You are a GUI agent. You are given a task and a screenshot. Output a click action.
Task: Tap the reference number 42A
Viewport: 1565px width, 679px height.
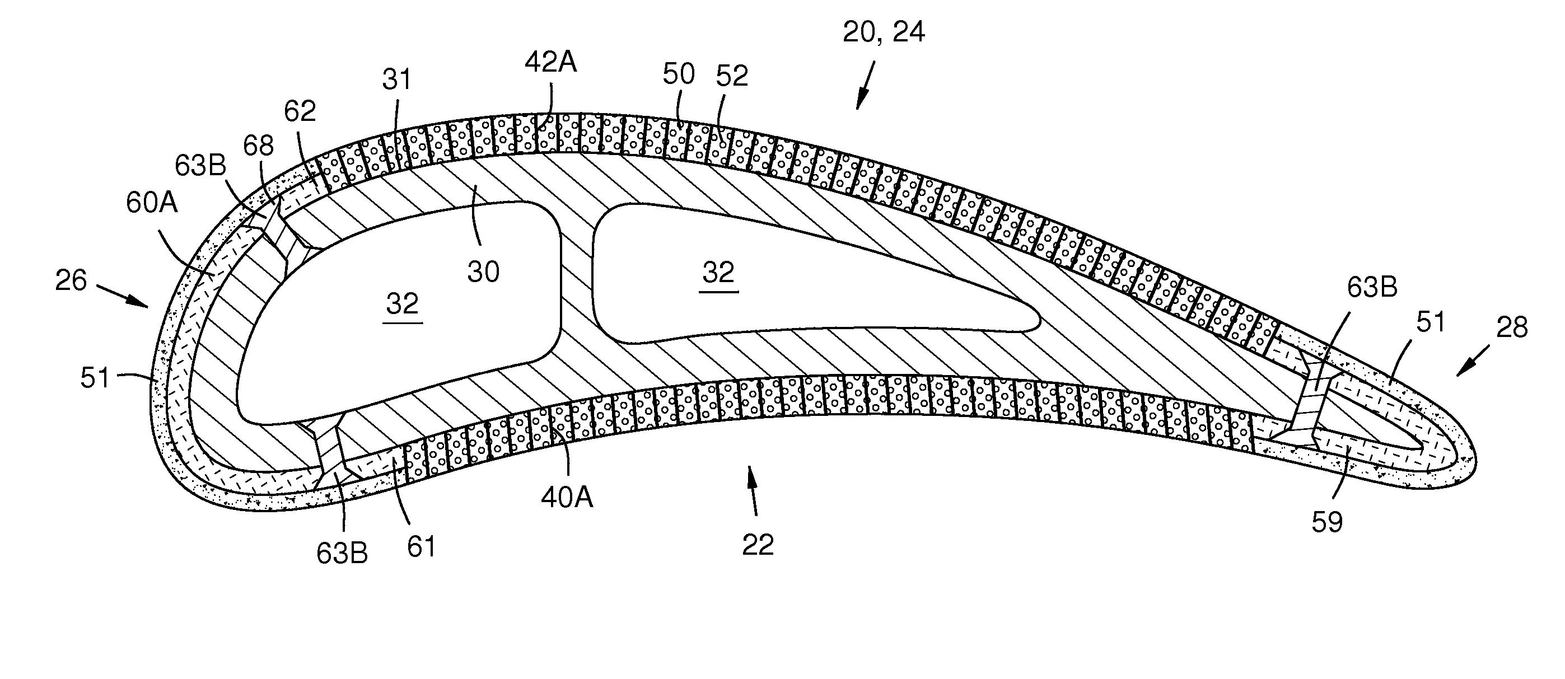point(551,63)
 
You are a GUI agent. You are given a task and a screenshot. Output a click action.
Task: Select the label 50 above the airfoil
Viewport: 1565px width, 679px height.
point(678,74)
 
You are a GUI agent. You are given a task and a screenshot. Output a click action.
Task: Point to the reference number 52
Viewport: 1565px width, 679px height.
point(731,77)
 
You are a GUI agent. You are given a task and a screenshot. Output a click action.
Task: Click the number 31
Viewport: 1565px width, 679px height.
point(397,79)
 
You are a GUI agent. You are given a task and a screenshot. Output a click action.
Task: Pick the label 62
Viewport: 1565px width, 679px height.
point(300,111)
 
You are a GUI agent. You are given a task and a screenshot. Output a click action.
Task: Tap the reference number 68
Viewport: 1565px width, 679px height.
point(259,146)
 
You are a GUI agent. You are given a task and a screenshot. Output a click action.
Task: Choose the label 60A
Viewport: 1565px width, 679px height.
point(152,203)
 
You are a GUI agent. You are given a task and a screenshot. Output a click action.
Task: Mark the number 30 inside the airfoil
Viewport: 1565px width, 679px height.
point(483,272)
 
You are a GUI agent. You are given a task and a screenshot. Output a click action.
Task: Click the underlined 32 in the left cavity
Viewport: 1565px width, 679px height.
point(402,303)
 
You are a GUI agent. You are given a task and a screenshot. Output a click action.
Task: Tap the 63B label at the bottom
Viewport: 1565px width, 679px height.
point(342,553)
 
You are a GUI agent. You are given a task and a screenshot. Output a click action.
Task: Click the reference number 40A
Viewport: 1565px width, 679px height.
point(567,498)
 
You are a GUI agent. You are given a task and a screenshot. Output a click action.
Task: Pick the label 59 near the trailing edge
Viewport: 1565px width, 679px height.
point(1327,522)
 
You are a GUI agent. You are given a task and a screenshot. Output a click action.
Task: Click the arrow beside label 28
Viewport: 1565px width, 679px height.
point(1473,360)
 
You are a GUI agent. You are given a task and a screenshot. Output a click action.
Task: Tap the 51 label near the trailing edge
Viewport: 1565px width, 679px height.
point(1430,322)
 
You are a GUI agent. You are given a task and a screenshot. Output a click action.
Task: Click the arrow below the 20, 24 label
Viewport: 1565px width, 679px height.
point(865,85)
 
